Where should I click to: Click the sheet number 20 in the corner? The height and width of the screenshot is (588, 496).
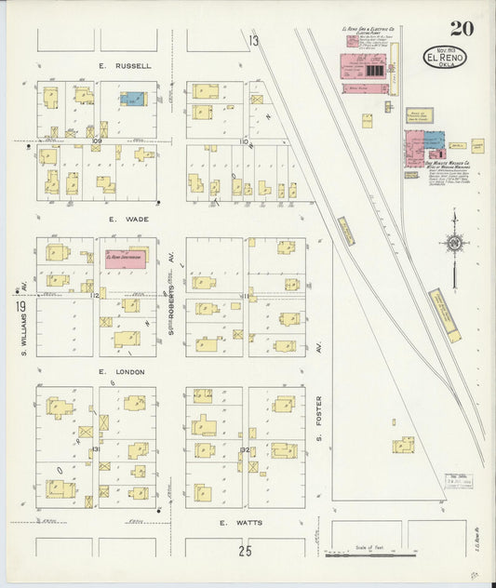point(462,28)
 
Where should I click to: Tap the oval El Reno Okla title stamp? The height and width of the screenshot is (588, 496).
point(445,58)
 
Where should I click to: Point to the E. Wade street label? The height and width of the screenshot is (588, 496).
point(128,220)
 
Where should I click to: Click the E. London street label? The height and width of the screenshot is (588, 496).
point(127,371)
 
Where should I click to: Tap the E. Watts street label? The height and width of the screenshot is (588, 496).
point(241,523)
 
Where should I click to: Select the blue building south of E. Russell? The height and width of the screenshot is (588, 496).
point(133,99)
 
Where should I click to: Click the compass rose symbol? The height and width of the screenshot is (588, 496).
point(454,244)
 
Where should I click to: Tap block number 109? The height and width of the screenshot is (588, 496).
point(96,141)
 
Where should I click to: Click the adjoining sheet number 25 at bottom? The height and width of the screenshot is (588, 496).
point(245,551)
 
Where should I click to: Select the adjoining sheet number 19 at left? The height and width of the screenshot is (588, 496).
point(19,306)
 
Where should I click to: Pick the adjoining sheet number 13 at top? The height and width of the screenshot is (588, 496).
point(253,40)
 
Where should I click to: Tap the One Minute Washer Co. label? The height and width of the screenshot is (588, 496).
point(447,162)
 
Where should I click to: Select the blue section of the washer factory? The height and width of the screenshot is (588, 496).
point(434,140)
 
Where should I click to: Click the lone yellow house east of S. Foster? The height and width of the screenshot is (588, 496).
point(402,446)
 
